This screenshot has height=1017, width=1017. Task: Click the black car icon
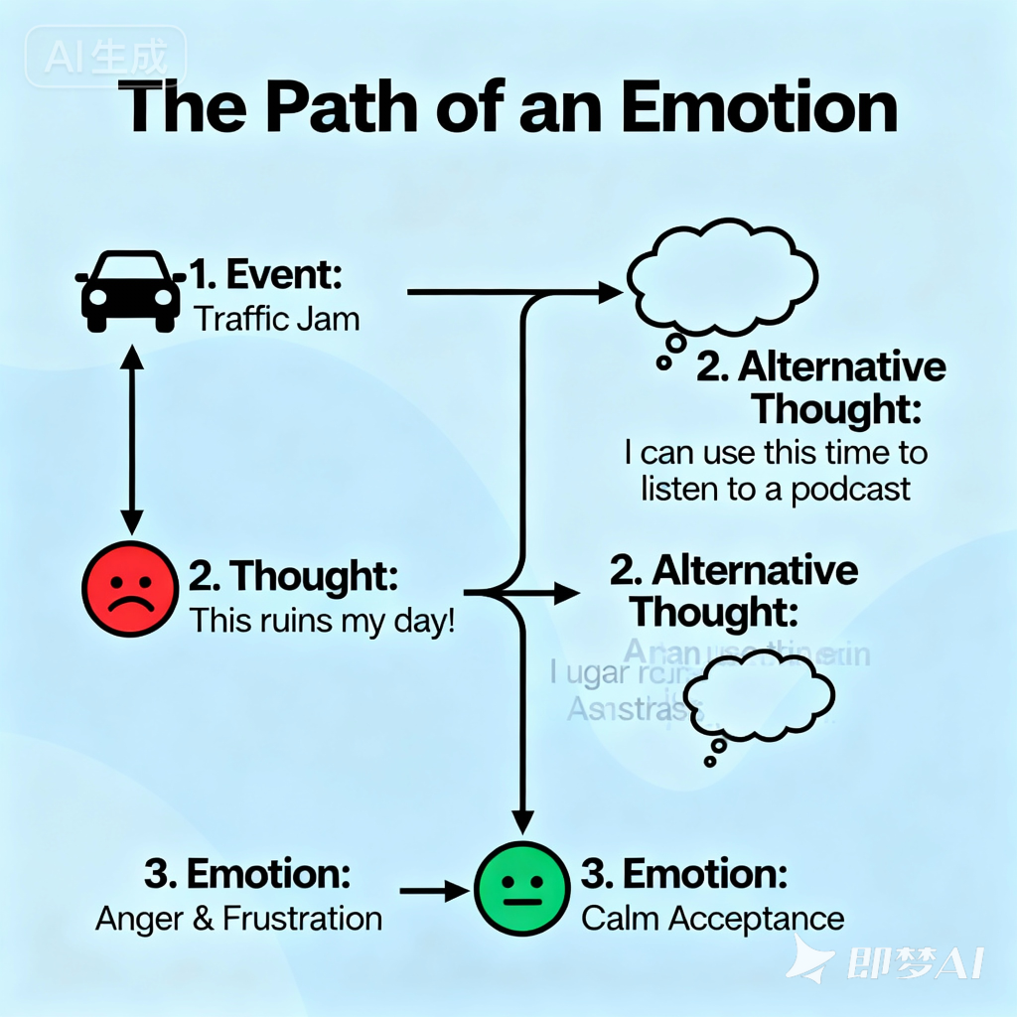pos(129,291)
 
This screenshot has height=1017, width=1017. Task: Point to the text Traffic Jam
pos(276,320)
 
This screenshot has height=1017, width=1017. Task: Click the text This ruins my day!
pos(322,621)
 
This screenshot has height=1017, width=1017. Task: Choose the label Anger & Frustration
pos(238,919)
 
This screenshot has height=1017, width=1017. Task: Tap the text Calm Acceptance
pos(712,919)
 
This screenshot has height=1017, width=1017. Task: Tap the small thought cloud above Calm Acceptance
pos(760,699)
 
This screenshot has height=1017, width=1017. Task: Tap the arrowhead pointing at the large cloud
pos(610,292)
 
